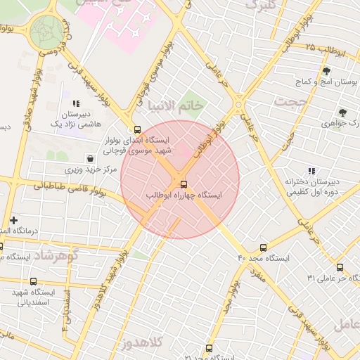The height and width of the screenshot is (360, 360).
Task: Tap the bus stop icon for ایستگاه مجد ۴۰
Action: click(x=263, y=247)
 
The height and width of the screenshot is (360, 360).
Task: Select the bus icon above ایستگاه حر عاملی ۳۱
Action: click(x=340, y=267)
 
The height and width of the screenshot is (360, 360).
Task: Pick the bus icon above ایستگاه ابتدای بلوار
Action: click(x=137, y=129)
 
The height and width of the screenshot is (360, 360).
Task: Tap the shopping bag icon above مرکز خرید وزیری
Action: click(x=89, y=158)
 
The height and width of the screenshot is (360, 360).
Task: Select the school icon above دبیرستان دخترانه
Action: click(x=311, y=171)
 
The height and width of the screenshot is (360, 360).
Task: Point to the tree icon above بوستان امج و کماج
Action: click(x=326, y=71)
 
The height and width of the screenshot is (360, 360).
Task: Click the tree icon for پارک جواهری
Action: click(x=342, y=112)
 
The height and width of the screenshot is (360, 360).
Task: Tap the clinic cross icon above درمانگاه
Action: click(x=13, y=220)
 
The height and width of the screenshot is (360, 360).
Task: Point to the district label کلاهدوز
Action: click(x=141, y=342)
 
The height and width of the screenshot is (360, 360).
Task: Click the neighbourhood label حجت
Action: click(x=292, y=103)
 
